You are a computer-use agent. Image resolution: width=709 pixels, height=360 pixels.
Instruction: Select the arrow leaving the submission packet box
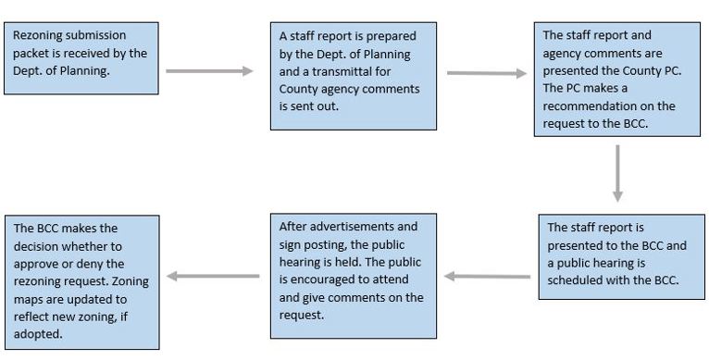(209, 71)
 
